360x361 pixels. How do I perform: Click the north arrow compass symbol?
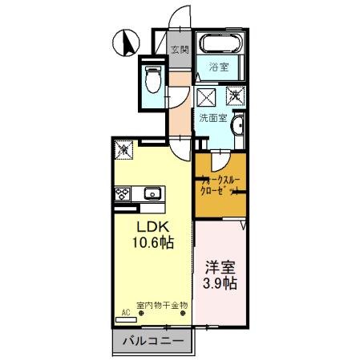[x=125, y=43]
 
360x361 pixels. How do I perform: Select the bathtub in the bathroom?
[x=218, y=45]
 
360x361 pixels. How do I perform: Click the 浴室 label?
[x=218, y=67]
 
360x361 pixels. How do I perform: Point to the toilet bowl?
[x=153, y=79]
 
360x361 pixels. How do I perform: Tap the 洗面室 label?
[x=213, y=118]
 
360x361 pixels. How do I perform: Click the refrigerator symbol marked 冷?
[x=124, y=148]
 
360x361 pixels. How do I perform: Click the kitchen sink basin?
[x=152, y=194]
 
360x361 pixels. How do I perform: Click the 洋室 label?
[x=218, y=267]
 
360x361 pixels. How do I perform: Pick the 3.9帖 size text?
[x=218, y=284]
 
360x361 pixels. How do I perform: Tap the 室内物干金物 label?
[x=161, y=305]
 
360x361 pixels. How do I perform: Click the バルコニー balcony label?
[x=152, y=341]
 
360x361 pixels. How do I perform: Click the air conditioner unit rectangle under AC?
[x=127, y=318]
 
